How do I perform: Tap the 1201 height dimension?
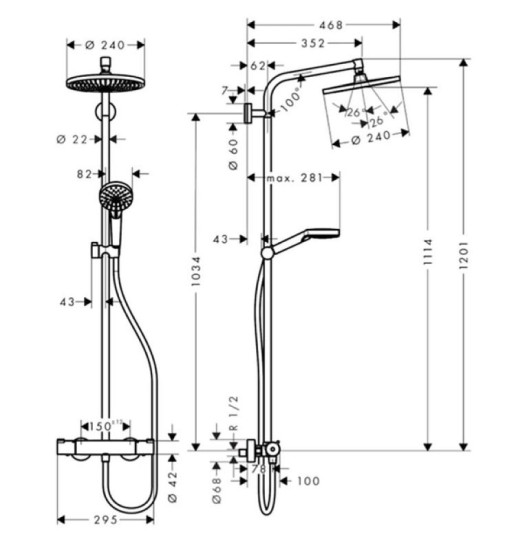(465, 255)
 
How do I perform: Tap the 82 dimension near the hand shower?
(85, 174)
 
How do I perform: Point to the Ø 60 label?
(233, 153)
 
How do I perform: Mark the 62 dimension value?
(258, 66)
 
